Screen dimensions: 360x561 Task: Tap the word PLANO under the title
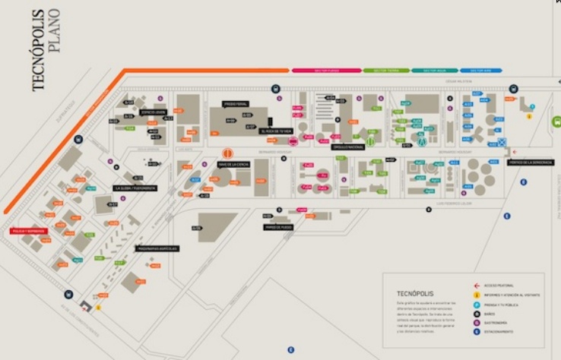point(54,34)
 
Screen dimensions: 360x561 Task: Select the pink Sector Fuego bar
point(326,70)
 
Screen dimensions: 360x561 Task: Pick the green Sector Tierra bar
point(386,70)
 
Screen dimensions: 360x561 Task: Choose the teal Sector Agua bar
point(435,70)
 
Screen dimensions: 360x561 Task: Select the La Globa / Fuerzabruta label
point(135,188)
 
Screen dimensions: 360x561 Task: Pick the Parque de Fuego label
point(279,226)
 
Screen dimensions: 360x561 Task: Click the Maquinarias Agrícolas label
point(157,248)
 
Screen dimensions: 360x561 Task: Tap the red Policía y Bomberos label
point(28,231)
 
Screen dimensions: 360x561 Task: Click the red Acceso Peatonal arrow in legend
point(476,285)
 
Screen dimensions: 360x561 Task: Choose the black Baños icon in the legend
point(476,313)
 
